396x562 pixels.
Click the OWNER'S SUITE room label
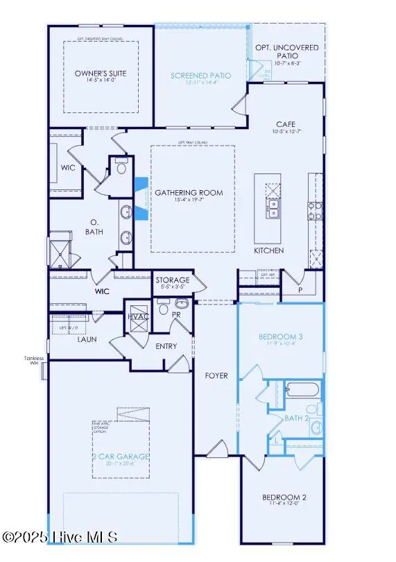[98, 74]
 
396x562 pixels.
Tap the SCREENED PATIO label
[201, 76]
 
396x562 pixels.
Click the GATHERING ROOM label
[189, 192]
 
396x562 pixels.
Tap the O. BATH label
[94, 227]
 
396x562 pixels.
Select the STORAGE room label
[172, 280]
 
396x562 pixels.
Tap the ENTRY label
[166, 346]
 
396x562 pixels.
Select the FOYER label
[215, 375]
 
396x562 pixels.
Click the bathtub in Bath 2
[302, 389]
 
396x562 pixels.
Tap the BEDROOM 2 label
[282, 497]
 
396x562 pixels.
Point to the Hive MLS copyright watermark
[59, 538]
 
